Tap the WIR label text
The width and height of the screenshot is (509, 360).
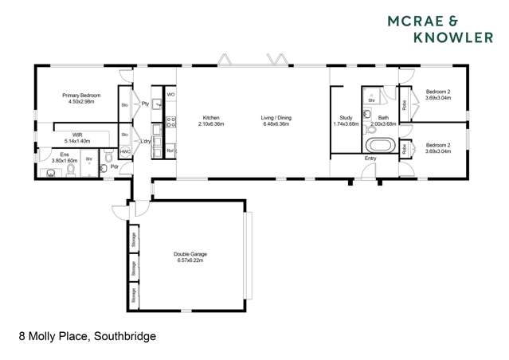pyautogui.click(x=77, y=135)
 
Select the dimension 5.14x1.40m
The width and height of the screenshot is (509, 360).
pyautogui.click(x=77, y=141)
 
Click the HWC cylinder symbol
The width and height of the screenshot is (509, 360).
pyautogui.click(x=125, y=151)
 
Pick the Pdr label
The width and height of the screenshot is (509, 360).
pyautogui.click(x=115, y=166)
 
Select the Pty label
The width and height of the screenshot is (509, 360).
pyautogui.click(x=145, y=104)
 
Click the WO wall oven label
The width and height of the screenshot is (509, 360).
pyautogui.click(x=170, y=95)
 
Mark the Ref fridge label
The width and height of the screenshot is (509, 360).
pyautogui.click(x=170, y=150)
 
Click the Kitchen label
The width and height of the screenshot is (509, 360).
pyautogui.click(x=211, y=118)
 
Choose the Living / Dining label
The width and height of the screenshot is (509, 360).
pyautogui.click(x=276, y=118)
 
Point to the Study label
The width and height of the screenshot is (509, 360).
pyautogui.click(x=346, y=118)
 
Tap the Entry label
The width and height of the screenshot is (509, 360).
pyautogui.click(x=370, y=158)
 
